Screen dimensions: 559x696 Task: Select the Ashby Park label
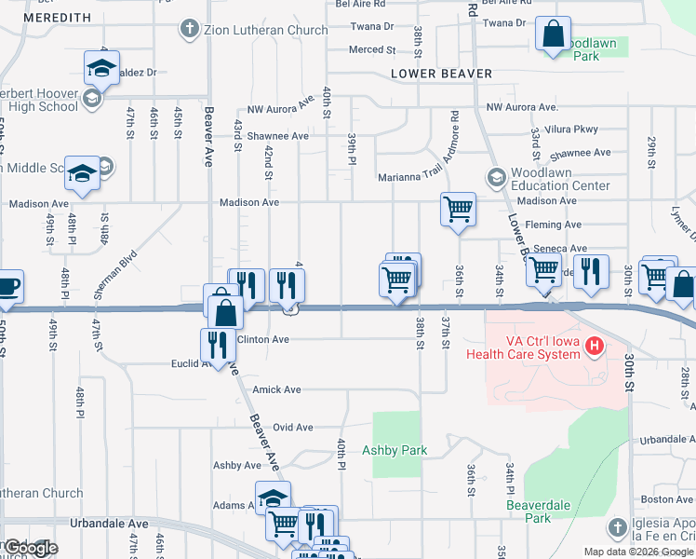pos(395,450)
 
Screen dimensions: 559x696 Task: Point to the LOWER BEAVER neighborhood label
pos(441,73)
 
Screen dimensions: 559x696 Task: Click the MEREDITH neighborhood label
pos(58,18)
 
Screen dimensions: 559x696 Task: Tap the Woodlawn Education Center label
pos(560,179)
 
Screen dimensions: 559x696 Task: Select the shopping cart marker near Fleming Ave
pos(458,209)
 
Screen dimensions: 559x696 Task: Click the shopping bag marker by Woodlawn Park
pos(553,35)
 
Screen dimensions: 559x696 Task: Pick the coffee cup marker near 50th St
pos(7,285)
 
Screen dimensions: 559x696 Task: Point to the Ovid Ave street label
pos(292,427)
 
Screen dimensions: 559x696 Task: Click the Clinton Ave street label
pos(263,339)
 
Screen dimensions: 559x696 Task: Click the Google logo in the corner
pos(30,548)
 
